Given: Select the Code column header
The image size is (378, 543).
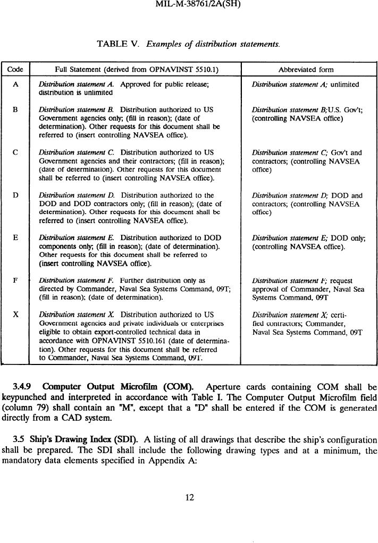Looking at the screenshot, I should [16, 70].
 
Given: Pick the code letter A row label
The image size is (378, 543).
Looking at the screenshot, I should [16, 84].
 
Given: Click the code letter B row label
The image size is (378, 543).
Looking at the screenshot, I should [16, 110].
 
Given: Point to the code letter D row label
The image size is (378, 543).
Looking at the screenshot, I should [16, 196].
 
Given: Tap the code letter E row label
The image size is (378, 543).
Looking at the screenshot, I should [16, 238].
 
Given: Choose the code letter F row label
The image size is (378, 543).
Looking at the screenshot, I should [16, 281].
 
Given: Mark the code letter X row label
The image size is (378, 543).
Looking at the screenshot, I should [16, 315].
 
